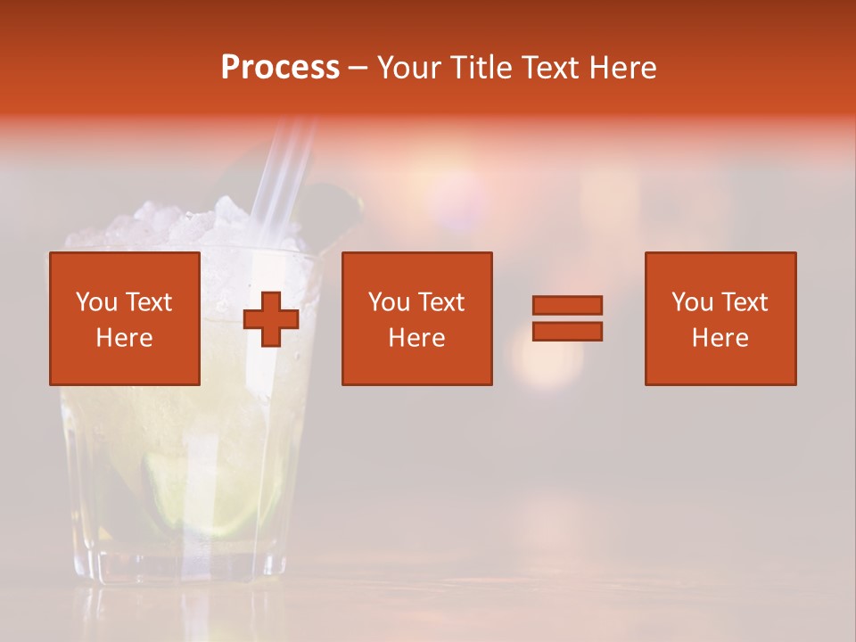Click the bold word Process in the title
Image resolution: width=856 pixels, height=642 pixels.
[280, 68]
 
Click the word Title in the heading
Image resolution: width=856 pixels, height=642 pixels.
[482, 68]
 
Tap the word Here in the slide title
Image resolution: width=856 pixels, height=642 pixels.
[622, 68]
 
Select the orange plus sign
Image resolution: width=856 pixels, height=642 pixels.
[270, 319]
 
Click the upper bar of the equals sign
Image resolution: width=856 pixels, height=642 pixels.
[567, 305]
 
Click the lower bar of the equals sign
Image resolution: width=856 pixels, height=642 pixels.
[567, 331]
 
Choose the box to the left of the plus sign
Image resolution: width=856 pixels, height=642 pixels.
[125, 318]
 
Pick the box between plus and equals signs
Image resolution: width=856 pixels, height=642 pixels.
[416, 318]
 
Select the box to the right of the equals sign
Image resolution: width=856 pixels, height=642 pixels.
[720, 318]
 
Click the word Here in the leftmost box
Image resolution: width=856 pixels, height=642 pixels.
[124, 338]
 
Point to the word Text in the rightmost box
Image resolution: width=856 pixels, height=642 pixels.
[744, 302]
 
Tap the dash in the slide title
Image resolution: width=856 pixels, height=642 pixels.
[358, 68]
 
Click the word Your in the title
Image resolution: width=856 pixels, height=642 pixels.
[409, 68]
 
